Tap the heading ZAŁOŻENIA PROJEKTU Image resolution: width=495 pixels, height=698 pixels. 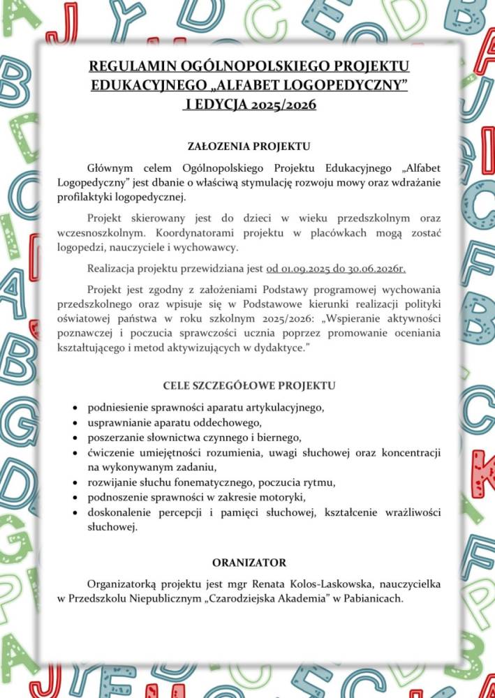(x=249, y=147)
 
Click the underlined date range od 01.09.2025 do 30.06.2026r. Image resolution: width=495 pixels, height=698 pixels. (x=336, y=268)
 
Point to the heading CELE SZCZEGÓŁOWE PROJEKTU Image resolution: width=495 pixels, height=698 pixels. (x=249, y=385)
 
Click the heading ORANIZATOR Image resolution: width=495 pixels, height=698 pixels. (x=249, y=563)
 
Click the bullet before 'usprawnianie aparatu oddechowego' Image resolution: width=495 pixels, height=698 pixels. (x=75, y=423)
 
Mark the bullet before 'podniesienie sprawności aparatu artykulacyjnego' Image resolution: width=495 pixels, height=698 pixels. (x=75, y=407)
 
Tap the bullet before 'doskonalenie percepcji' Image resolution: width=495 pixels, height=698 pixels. (x=75, y=513)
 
